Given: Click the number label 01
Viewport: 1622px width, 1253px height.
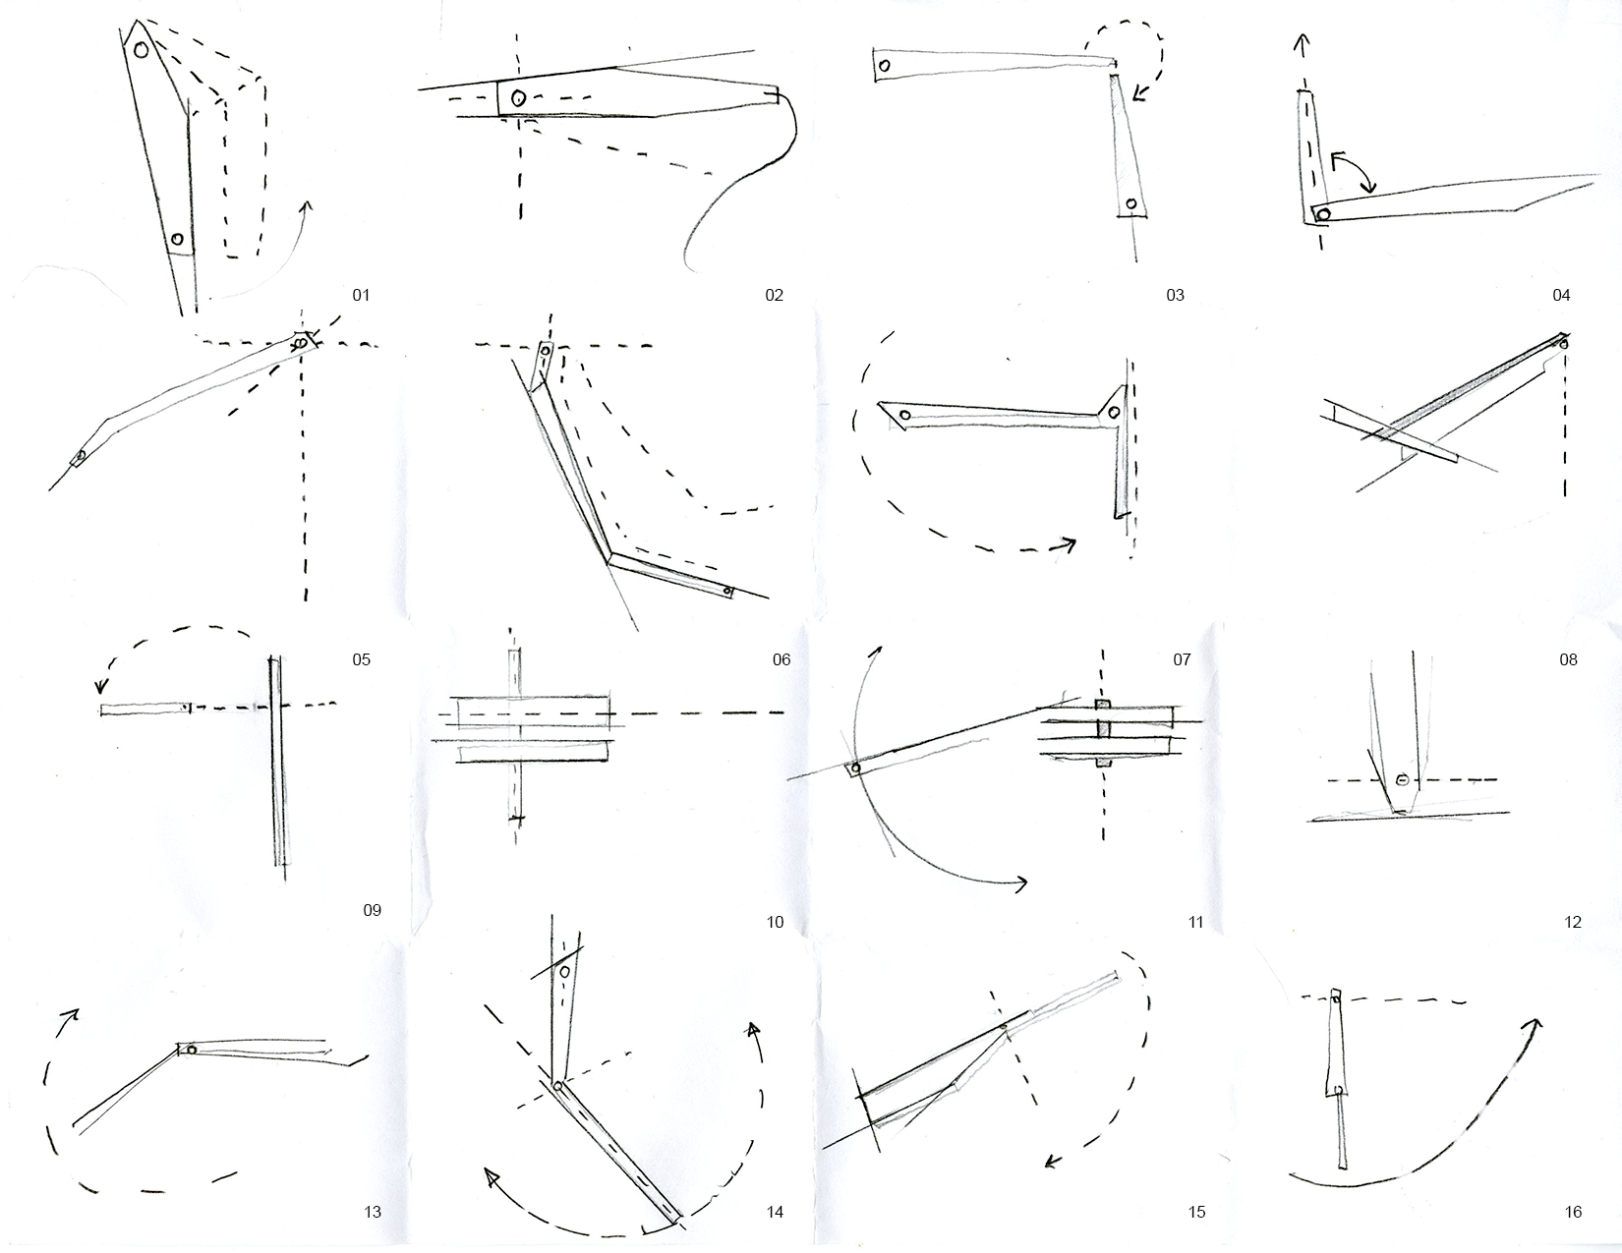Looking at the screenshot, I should [x=361, y=295].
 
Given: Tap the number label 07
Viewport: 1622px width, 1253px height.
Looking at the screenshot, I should [x=1182, y=659].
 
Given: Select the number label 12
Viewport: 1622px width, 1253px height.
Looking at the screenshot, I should [x=1572, y=922].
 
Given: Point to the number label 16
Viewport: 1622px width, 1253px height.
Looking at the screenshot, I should [x=1573, y=1212].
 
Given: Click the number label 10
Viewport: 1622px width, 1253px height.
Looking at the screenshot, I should [x=775, y=922].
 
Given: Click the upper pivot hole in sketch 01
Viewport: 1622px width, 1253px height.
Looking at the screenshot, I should [x=143, y=49].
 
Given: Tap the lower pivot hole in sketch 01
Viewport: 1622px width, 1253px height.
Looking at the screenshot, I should [x=178, y=239].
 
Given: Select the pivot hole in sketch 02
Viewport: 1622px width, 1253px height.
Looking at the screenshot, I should [x=518, y=97].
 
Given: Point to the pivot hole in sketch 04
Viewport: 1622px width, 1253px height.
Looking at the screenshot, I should [x=1323, y=214].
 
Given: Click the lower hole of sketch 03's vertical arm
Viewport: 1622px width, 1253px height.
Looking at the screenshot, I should [x=1131, y=204].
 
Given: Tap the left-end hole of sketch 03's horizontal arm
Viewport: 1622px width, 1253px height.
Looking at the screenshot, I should [x=884, y=66].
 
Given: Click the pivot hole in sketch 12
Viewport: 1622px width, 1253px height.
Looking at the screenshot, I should [x=1403, y=780].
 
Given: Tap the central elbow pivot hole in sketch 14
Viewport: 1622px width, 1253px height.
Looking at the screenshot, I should [x=557, y=1086].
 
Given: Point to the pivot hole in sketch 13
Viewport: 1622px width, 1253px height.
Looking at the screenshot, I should [x=192, y=1050].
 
